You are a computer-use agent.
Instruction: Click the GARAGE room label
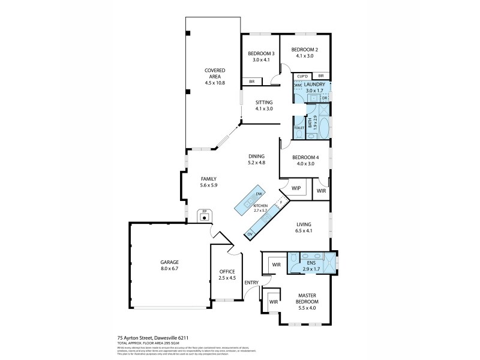tap(169, 262)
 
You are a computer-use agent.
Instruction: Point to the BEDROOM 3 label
tap(262, 53)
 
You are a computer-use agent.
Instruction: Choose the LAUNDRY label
tap(314, 85)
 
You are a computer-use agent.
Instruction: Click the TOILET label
tap(299, 128)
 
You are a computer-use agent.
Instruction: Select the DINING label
tap(256, 156)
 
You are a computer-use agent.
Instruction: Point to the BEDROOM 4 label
tap(305, 157)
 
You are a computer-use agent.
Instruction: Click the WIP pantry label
tap(296, 188)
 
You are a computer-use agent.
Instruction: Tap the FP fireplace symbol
tap(205, 212)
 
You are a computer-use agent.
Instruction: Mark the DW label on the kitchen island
tap(259, 194)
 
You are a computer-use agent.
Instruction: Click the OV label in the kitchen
tap(249, 233)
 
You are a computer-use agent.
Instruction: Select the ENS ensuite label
tap(311, 262)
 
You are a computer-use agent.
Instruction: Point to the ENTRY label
tap(251, 282)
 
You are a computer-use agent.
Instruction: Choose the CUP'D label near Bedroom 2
tap(302, 76)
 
